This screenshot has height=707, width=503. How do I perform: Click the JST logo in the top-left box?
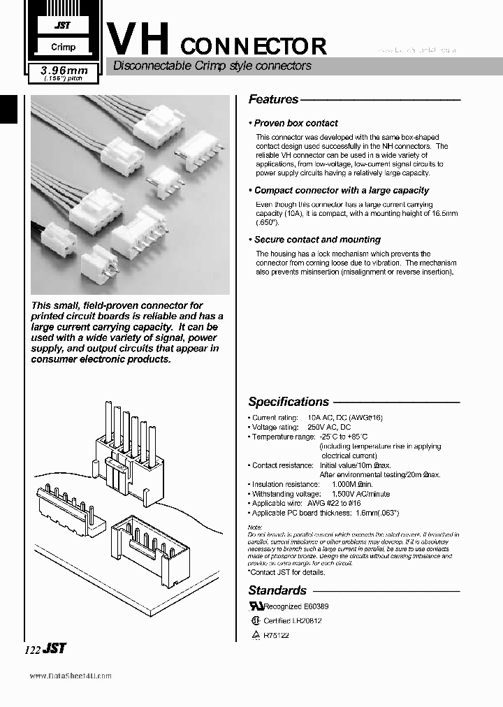tap(62, 24)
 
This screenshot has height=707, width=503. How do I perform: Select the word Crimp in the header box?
tap(62, 48)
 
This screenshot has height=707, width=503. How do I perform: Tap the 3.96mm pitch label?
tap(62, 70)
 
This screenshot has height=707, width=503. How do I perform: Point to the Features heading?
tap(273, 100)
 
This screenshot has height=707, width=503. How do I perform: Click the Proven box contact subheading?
tap(295, 123)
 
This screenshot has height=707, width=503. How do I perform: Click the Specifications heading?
tap(288, 402)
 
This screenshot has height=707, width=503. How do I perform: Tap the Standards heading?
tap(277, 590)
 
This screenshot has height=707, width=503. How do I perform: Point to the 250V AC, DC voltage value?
tap(325, 427)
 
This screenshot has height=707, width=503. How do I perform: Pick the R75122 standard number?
tap(276, 635)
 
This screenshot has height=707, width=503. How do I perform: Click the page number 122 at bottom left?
tap(32, 649)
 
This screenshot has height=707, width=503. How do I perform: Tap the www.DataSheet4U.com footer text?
tap(71, 676)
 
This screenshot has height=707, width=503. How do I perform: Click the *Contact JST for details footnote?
tap(286, 572)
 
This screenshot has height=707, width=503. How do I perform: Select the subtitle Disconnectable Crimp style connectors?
tap(207, 66)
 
